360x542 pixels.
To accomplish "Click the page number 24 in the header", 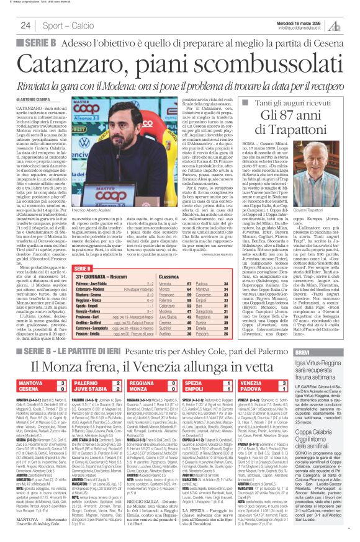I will (x=25, y=25).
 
